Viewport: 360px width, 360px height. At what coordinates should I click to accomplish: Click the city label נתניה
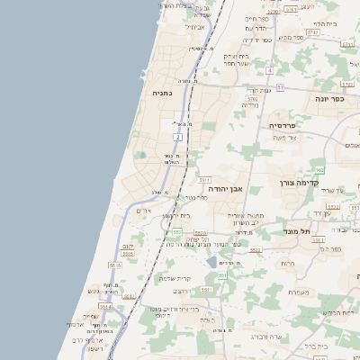coord(163,92)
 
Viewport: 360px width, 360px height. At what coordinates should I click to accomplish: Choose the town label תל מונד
coord(318,230)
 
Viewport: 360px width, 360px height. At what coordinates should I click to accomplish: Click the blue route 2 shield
coord(178,137)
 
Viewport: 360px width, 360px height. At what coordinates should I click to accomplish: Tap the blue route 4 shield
coord(269,69)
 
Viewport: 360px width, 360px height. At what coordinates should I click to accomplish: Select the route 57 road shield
coord(280,87)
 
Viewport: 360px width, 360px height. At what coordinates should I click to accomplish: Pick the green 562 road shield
coord(319,169)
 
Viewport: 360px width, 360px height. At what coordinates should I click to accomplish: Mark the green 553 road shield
coord(177,231)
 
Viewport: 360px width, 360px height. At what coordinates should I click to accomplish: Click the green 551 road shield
coord(221,275)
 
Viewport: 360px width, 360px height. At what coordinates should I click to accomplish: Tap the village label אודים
coord(141,210)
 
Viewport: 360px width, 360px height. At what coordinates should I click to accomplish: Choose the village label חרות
coord(287,263)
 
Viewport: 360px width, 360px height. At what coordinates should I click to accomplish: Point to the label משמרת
coord(301,292)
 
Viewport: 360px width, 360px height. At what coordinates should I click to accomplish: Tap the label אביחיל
coord(195,27)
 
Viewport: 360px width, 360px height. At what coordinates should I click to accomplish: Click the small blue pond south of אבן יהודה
coord(211,262)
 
